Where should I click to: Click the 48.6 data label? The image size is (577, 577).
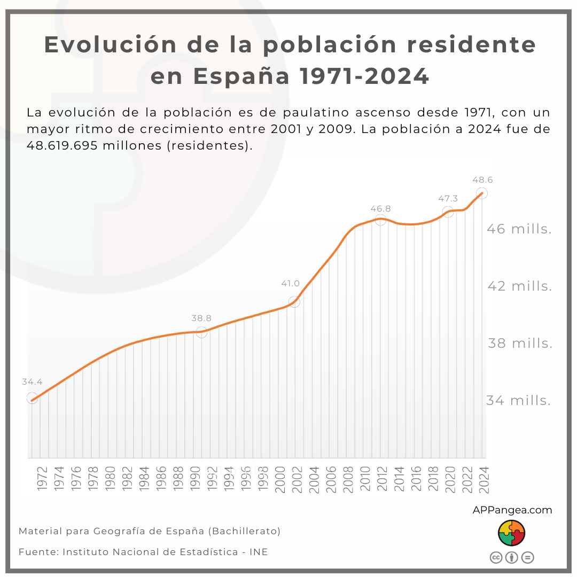[482, 180]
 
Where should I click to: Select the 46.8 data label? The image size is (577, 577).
[380, 208]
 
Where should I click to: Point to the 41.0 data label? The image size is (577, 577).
[291, 284]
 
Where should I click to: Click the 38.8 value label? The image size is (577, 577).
[201, 318]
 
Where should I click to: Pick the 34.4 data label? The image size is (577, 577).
[32, 382]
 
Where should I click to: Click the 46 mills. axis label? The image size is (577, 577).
[519, 229]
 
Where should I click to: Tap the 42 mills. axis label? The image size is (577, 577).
[520, 286]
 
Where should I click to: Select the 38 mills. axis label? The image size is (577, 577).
[520, 344]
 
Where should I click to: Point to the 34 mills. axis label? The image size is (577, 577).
[518, 401]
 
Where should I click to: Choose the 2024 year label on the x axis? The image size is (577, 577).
[484, 479]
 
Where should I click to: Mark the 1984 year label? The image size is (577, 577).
[144, 479]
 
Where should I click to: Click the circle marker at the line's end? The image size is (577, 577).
[482, 193]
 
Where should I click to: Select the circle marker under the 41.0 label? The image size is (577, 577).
[294, 302]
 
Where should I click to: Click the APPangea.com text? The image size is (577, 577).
[512, 510]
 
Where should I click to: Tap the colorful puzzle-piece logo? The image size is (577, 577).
[512, 533]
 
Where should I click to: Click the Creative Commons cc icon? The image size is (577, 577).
[496, 558]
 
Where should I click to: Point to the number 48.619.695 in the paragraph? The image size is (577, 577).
[61, 146]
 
